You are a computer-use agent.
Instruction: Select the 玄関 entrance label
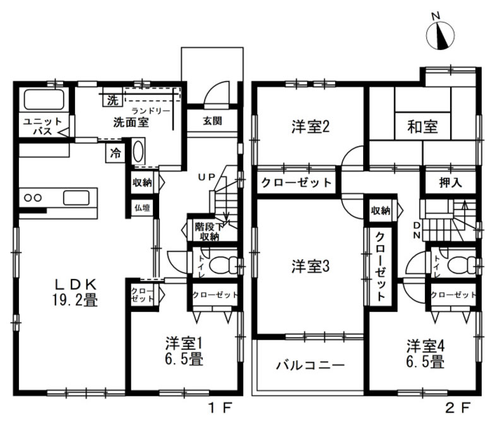tap(212, 121)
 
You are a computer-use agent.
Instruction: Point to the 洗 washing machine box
tap(112, 100)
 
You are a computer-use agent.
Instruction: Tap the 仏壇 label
tap(141, 206)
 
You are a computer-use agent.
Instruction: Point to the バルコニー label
tap(310, 366)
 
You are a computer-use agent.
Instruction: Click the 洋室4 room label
tap(425, 353)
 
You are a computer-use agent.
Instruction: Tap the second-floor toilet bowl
tap(458, 264)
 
